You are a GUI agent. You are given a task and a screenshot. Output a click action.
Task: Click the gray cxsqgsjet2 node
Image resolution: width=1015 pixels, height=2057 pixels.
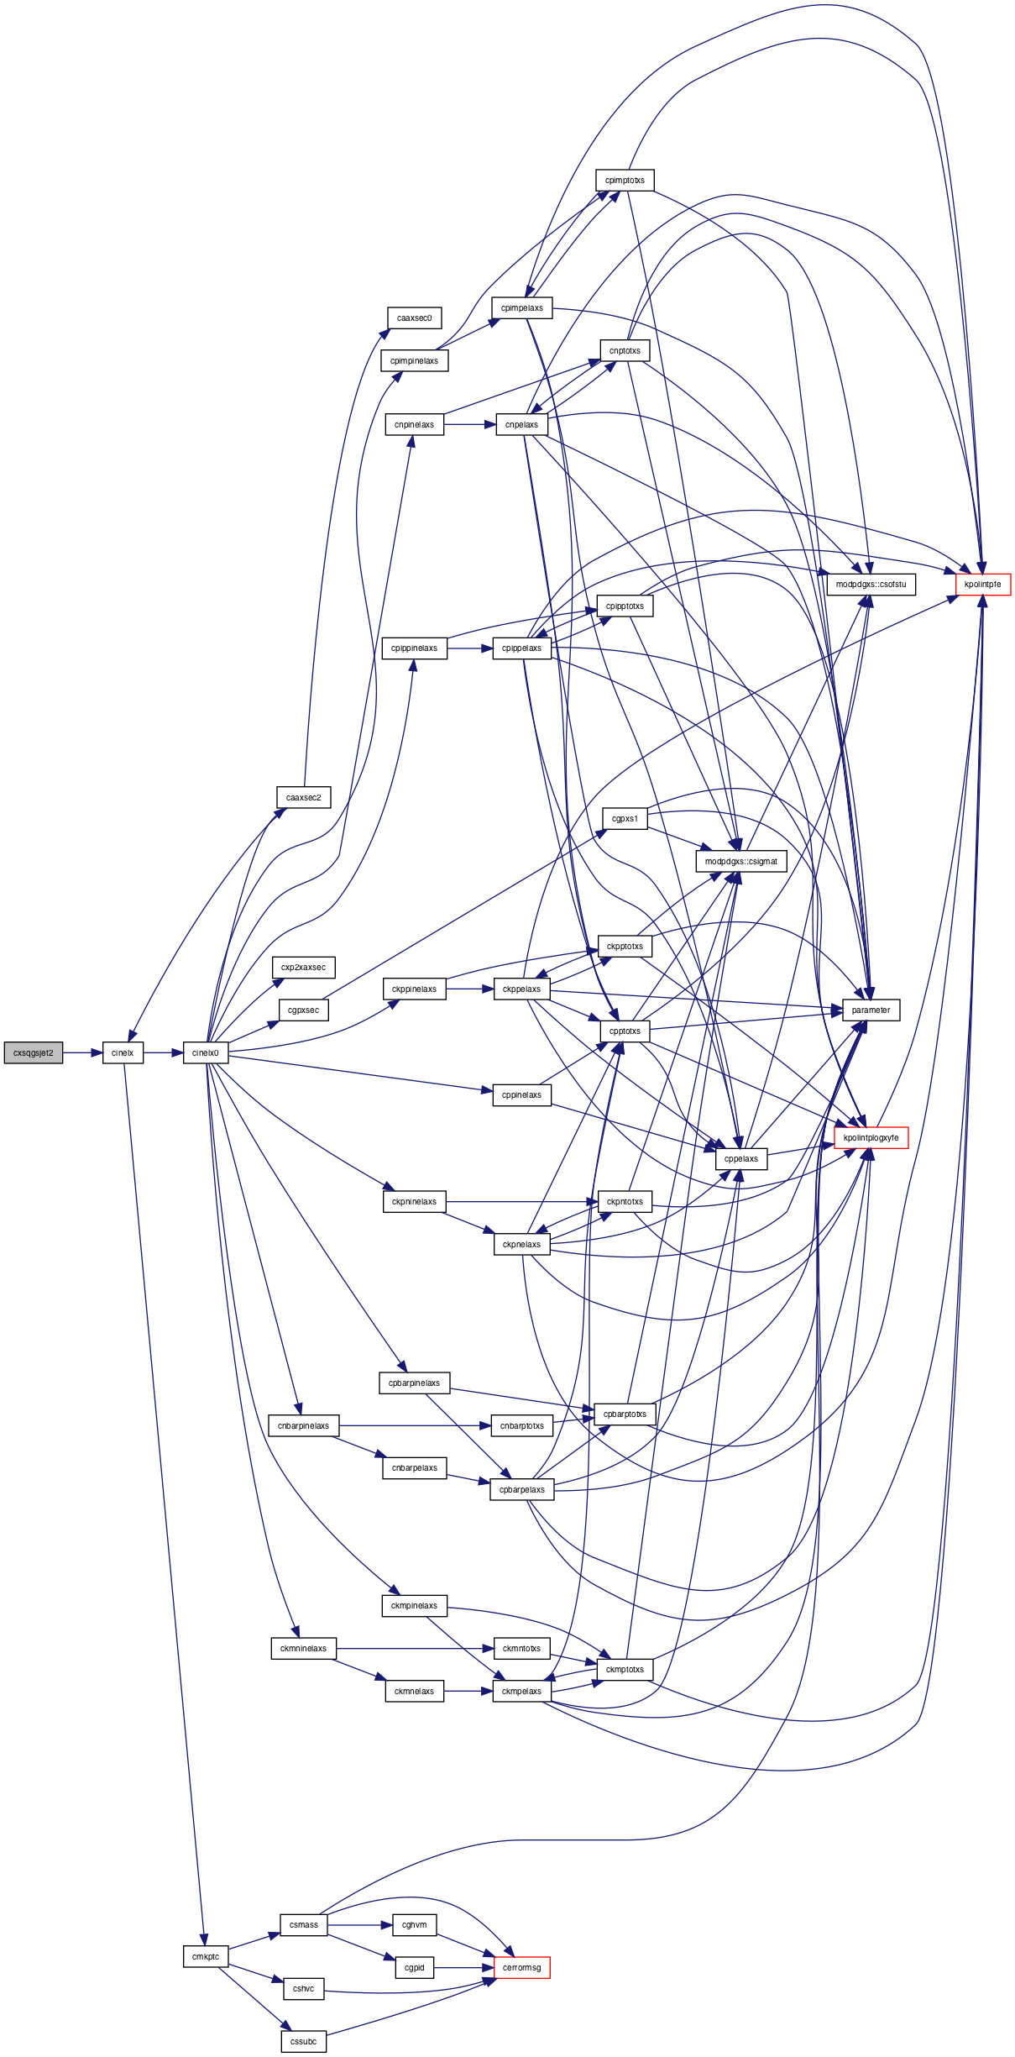click(34, 1052)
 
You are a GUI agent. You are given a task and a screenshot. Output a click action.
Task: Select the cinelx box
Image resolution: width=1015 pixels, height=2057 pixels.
click(123, 1052)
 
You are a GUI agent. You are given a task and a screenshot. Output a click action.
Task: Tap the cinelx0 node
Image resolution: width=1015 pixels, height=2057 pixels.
click(206, 1052)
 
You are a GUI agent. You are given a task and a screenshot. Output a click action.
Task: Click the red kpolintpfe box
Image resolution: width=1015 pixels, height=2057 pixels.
click(983, 584)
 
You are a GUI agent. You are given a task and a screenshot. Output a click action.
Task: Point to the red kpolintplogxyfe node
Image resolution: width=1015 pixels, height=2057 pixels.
click(871, 1137)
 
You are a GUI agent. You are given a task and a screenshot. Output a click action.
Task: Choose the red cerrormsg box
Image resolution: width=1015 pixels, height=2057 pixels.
click(522, 1967)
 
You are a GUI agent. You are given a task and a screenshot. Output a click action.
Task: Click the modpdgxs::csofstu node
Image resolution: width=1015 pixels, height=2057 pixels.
click(871, 584)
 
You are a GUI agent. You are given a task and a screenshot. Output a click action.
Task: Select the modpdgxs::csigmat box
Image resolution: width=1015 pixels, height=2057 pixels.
click(741, 861)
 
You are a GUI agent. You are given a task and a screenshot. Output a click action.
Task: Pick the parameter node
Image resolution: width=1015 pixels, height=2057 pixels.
click(871, 1010)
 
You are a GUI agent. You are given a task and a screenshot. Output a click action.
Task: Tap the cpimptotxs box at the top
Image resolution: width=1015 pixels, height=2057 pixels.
click(625, 180)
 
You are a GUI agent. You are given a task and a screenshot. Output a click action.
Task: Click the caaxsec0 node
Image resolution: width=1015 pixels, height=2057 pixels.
click(415, 318)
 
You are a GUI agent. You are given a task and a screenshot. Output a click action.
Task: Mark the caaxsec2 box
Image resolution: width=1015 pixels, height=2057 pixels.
click(304, 797)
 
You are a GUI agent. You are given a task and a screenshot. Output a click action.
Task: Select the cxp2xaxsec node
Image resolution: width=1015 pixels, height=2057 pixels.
click(304, 967)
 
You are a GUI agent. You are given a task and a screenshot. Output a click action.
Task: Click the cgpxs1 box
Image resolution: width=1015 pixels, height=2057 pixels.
click(625, 818)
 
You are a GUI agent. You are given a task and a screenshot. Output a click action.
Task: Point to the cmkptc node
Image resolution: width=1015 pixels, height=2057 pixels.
click(206, 1956)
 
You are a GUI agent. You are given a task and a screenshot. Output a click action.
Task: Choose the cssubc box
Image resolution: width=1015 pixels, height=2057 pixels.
click(304, 2041)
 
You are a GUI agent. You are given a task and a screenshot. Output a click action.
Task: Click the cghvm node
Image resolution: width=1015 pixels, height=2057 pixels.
click(415, 1924)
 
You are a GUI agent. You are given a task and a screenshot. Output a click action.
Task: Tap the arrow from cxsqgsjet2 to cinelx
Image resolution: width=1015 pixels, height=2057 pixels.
click(82, 1052)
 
